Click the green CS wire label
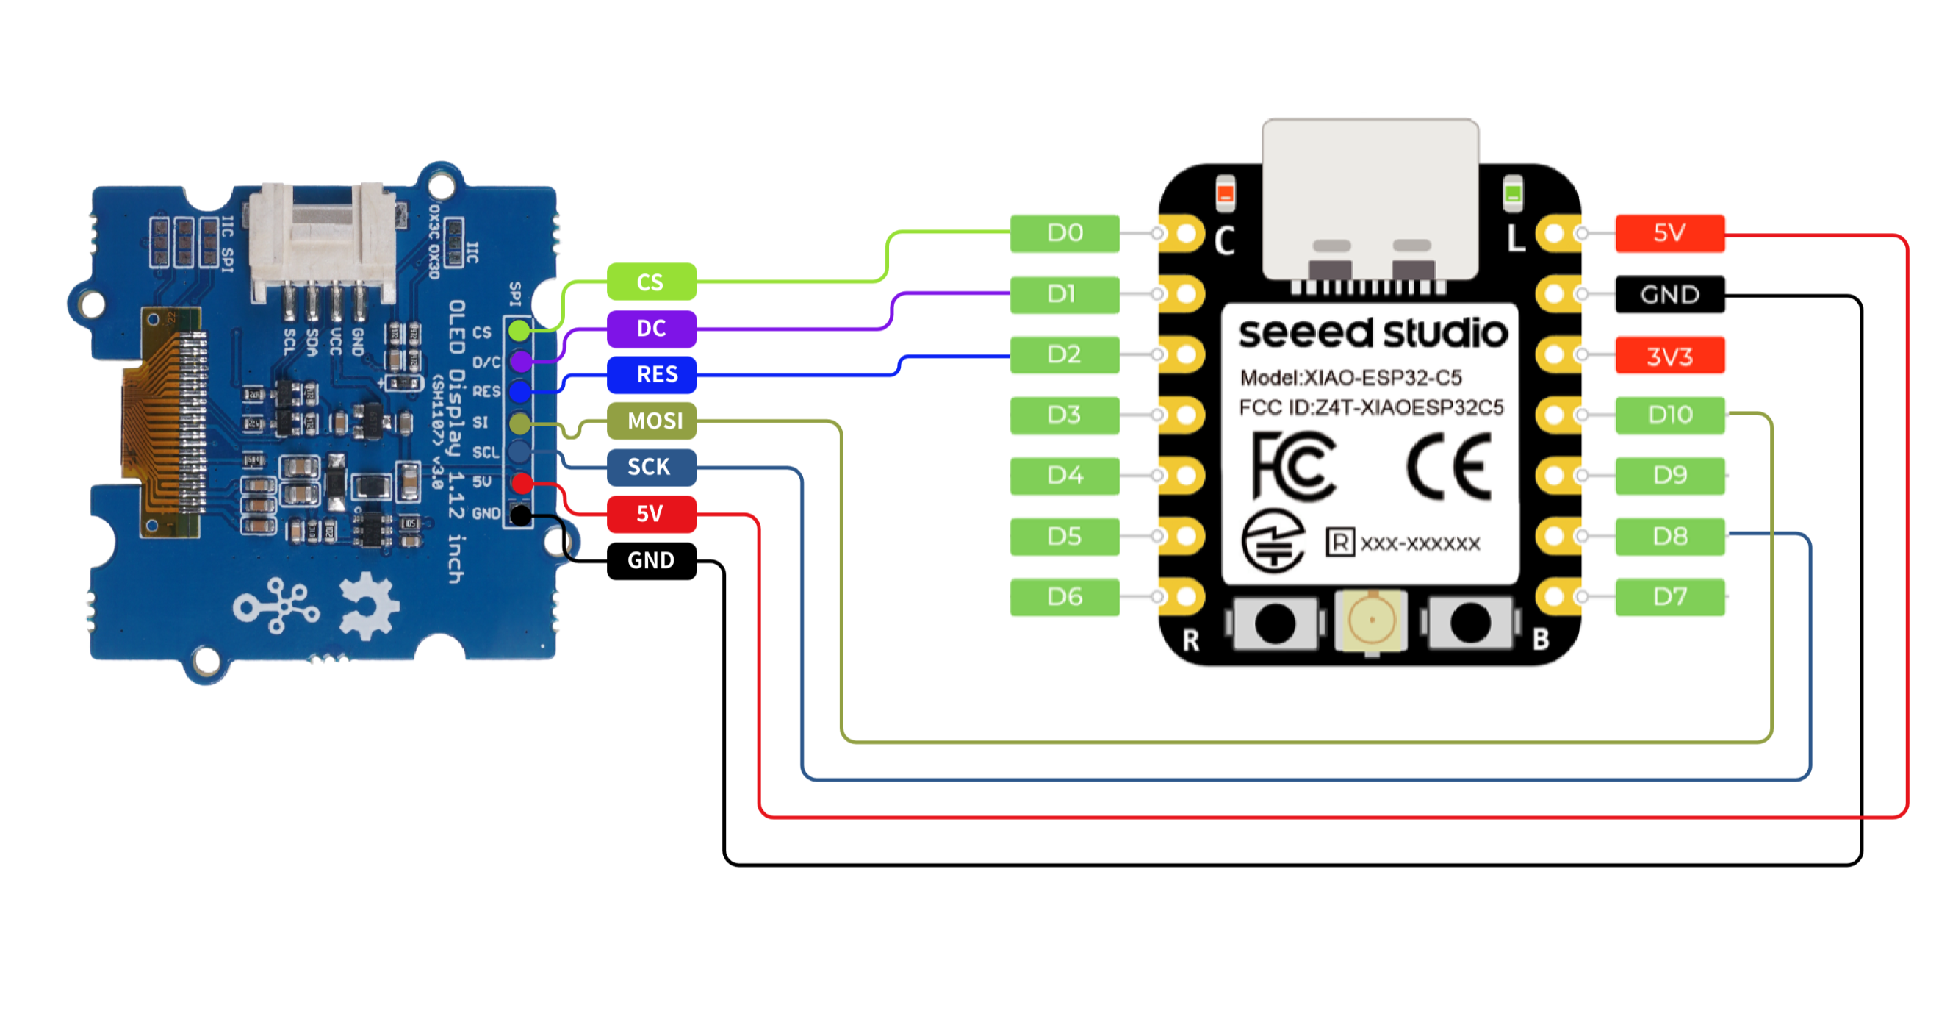pyautogui.click(x=651, y=282)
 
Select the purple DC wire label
pyautogui.click(x=651, y=329)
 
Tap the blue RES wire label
pyautogui.click(x=651, y=374)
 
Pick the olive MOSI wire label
pyautogui.click(x=651, y=420)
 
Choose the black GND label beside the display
pyautogui.click(x=651, y=560)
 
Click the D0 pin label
pyautogui.click(x=1065, y=233)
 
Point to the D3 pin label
pyautogui.click(x=1065, y=415)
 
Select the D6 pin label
pyautogui.click(x=1065, y=597)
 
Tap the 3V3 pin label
pyautogui.click(x=1669, y=355)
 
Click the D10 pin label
pyautogui.click(x=1669, y=415)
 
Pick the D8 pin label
pyautogui.click(x=1669, y=536)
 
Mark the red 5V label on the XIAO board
pyautogui.click(x=1669, y=233)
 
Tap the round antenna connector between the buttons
pyautogui.click(x=1372, y=620)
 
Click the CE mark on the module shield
pyautogui.click(x=1449, y=467)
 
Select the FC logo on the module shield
pyautogui.click(x=1293, y=465)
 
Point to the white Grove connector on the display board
pyautogui.click(x=322, y=241)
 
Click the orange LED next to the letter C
pyautogui.click(x=1226, y=193)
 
